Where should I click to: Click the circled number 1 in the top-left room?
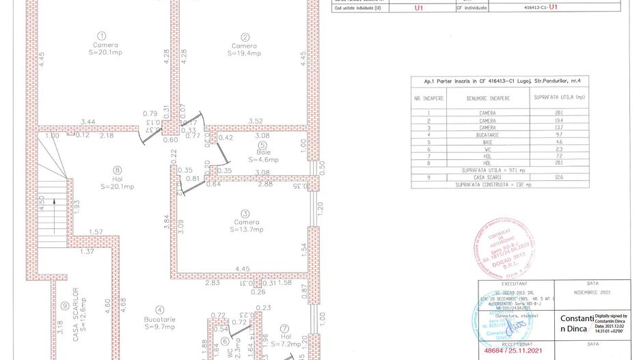pyautogui.click(x=101, y=36)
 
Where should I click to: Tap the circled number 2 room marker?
pyautogui.click(x=245, y=36)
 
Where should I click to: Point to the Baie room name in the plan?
pyautogui.click(x=264, y=152)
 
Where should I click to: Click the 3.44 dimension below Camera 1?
pyautogui.click(x=87, y=122)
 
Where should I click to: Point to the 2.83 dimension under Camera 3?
pyautogui.click(x=213, y=282)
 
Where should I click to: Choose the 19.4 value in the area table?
pyautogui.click(x=558, y=120)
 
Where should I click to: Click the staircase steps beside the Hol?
pyautogui.click(x=50, y=205)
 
